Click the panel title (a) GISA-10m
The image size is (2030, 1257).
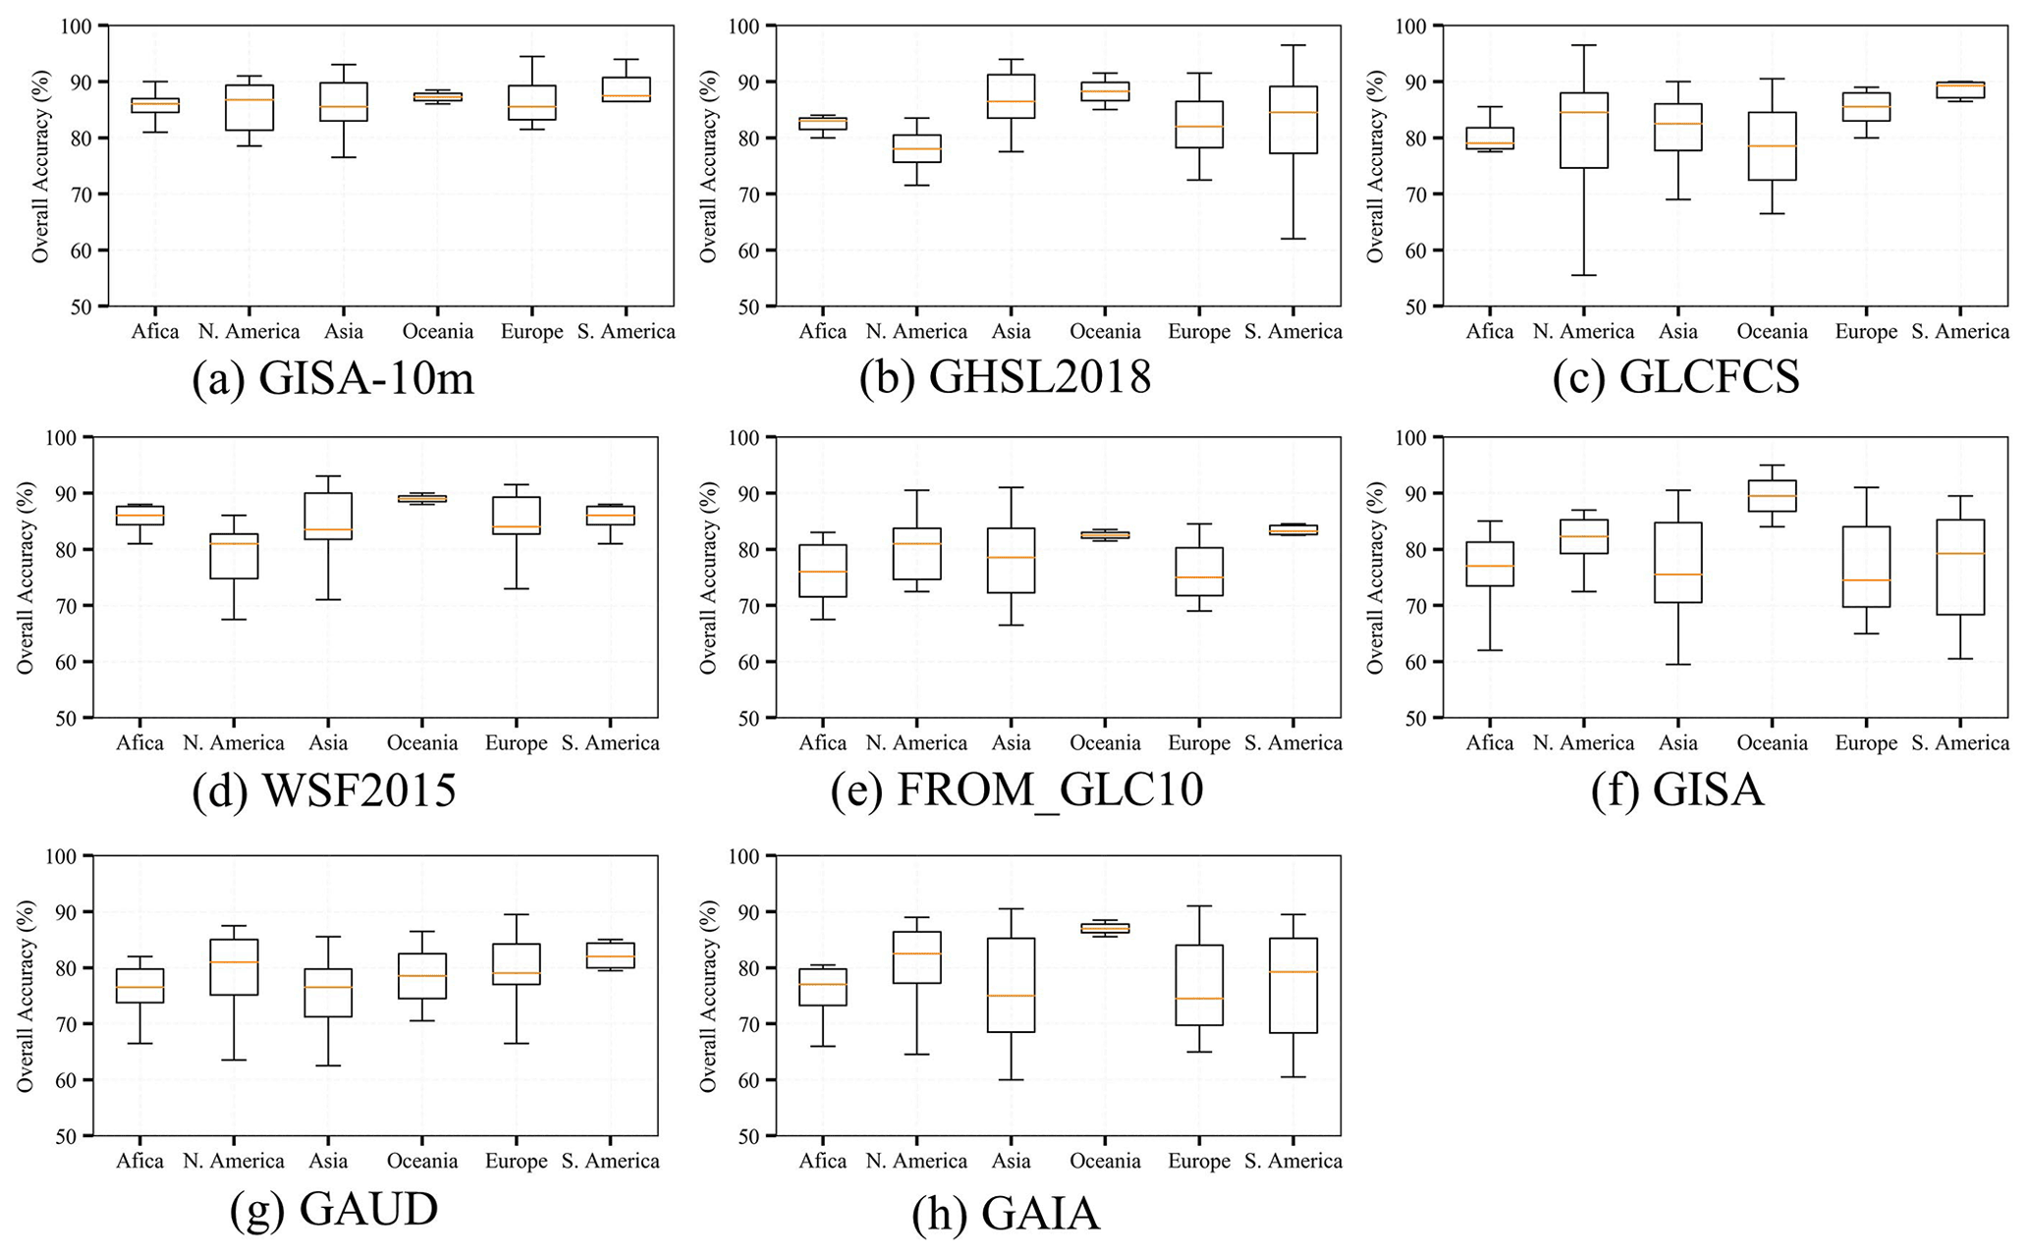[333, 379]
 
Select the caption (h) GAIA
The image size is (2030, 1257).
[1005, 1214]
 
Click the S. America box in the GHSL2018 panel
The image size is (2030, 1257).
[1293, 120]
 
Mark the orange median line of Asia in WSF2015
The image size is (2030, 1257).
[328, 529]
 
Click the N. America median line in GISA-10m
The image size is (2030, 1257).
[249, 100]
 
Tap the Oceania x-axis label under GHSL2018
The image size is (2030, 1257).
[1105, 332]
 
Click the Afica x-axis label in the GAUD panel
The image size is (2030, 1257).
[139, 1162]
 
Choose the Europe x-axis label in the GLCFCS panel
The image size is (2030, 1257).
[1866, 332]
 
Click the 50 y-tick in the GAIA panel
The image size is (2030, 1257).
[746, 1136]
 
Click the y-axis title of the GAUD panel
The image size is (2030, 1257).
[26, 997]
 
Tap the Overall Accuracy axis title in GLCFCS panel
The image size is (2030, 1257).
[1375, 166]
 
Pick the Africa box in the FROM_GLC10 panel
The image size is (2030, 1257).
[823, 571]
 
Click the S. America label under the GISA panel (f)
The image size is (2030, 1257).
[1960, 743]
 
